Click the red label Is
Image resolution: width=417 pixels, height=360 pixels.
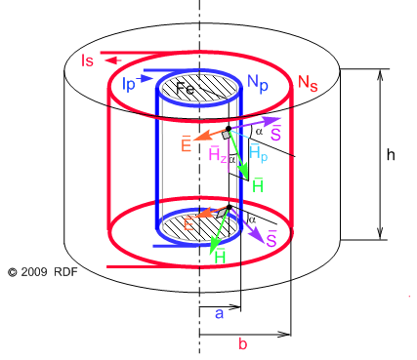(x=87, y=60)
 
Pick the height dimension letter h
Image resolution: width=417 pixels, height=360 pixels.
(x=391, y=154)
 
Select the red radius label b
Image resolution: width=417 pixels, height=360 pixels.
(x=243, y=344)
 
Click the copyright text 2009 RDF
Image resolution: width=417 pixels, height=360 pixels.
(x=45, y=269)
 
